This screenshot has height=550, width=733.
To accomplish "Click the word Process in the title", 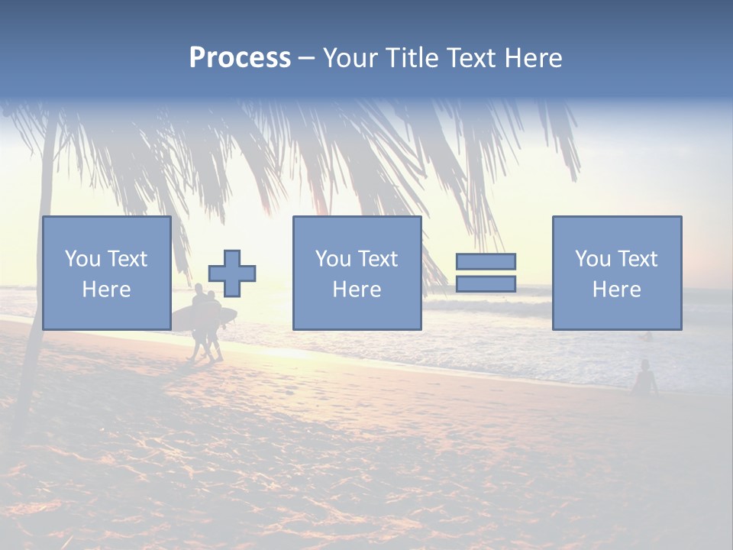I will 240,57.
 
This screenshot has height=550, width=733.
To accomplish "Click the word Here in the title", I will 534,57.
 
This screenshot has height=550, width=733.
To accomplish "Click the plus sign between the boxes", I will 232,273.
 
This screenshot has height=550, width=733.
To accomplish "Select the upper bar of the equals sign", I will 486,261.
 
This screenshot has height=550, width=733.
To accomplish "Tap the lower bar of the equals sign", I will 486,284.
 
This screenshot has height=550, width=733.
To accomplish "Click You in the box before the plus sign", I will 81,259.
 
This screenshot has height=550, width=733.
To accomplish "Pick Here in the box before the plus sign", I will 106,290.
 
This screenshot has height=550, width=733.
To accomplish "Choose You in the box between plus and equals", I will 331,259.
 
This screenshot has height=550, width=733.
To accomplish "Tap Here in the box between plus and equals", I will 357,290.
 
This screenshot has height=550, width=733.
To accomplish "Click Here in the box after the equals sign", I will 616,290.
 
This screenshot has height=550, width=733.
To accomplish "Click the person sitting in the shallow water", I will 645,379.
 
